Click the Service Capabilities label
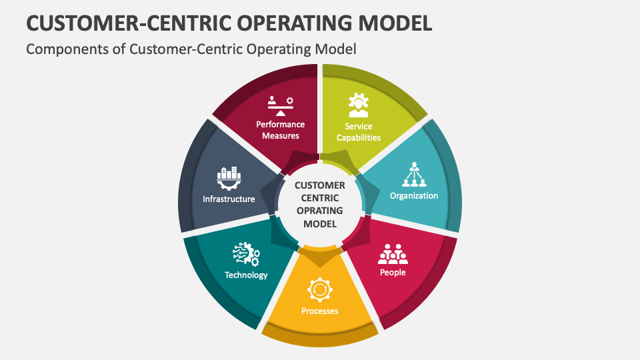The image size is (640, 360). point(359,132)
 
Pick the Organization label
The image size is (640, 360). point(414,196)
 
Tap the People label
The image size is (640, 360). point(393,272)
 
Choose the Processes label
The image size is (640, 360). point(319,311)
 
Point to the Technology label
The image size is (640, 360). point(246,275)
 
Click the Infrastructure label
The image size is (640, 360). point(229,199)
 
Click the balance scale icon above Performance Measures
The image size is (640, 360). point(281,104)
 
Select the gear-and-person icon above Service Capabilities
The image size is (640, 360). point(359,105)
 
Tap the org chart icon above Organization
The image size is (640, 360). point(414,175)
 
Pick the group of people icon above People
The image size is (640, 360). point(393,253)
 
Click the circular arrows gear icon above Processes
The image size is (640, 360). point(319,290)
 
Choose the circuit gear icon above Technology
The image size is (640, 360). point(246,254)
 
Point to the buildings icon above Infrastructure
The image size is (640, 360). point(229,178)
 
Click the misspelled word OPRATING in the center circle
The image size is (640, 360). point(320,211)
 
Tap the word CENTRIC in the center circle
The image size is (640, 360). point(320,198)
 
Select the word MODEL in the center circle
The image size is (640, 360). point(320,223)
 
